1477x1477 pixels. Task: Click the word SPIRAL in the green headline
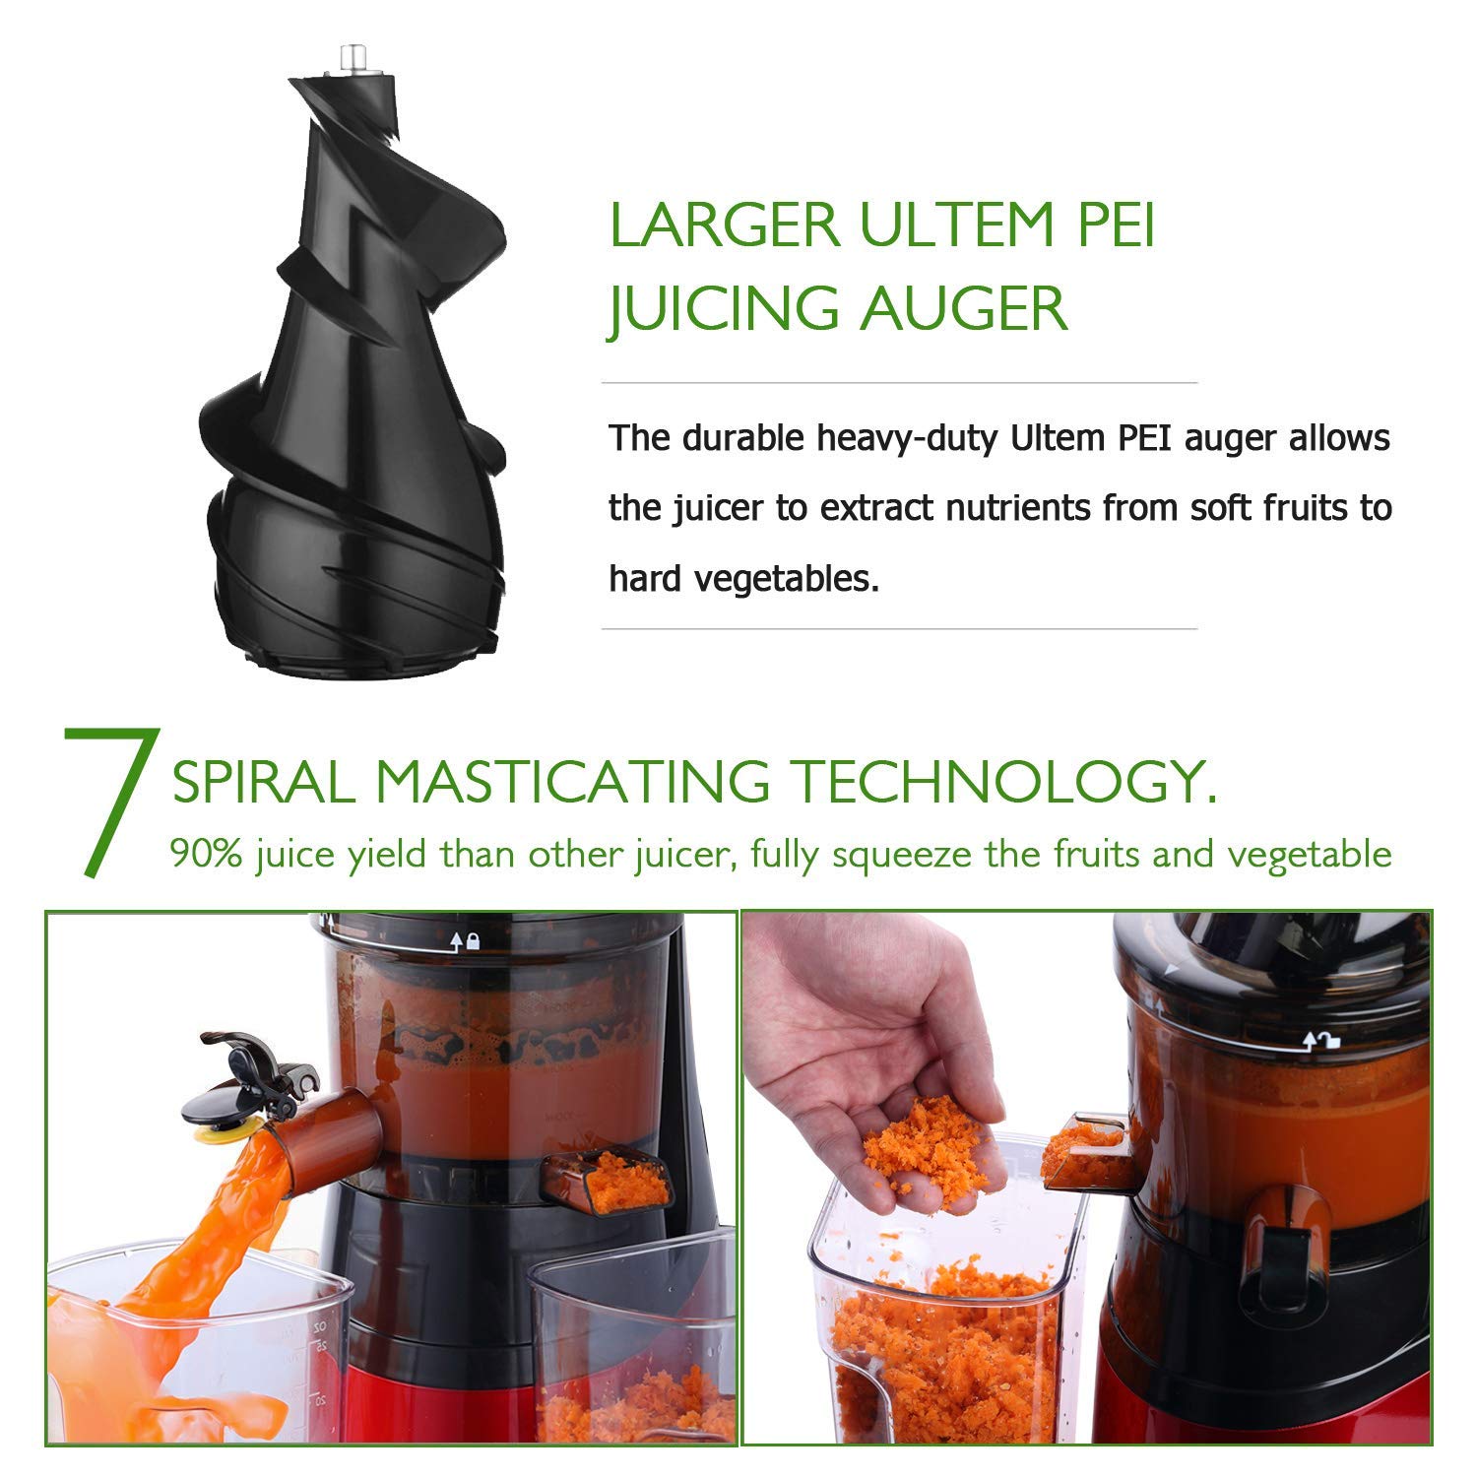(x=263, y=783)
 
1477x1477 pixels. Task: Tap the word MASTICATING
(x=572, y=783)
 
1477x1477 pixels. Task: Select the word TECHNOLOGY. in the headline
(x=1004, y=783)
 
